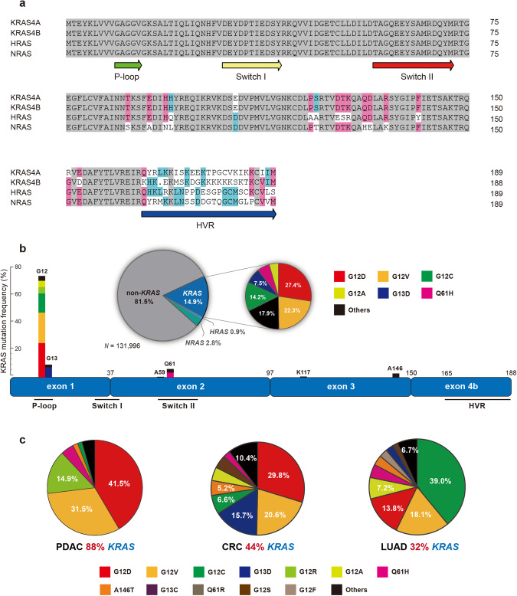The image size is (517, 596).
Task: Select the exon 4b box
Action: coord(462,388)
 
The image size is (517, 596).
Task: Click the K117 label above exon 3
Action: coord(304,371)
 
